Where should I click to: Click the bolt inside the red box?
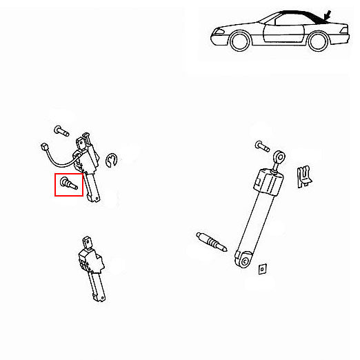coord(68,184)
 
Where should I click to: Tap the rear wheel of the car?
coord(318,41)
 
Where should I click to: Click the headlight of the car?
coord(213,34)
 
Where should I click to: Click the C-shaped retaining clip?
coord(114,161)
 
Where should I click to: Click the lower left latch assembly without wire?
coord(92,266)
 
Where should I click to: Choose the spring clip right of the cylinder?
coord(302,176)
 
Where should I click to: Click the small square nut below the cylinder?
coord(261,268)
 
